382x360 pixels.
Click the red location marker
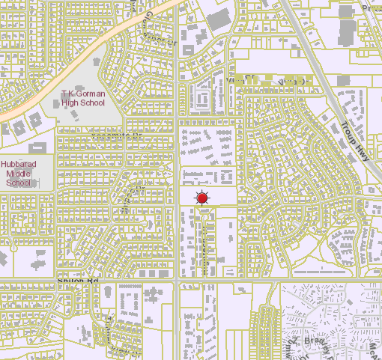(x=201, y=198)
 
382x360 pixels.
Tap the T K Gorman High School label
(x=82, y=98)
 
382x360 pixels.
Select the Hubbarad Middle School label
(x=19, y=174)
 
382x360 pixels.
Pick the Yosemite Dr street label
(x=116, y=136)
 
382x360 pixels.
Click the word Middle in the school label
(x=19, y=174)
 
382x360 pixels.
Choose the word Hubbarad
(x=19, y=165)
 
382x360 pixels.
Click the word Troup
(x=349, y=130)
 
